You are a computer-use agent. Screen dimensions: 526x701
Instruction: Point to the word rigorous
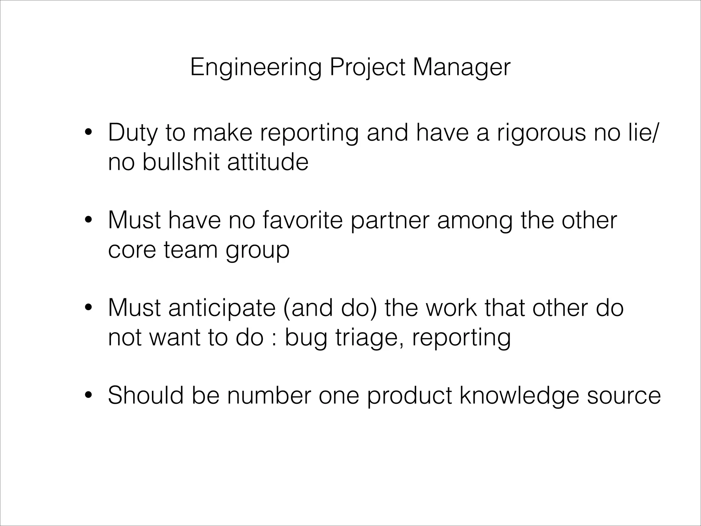[541, 133]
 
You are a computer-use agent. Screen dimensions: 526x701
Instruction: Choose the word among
[475, 221]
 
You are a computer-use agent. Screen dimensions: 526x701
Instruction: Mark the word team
[191, 250]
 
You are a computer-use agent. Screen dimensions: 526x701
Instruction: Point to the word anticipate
[222, 308]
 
